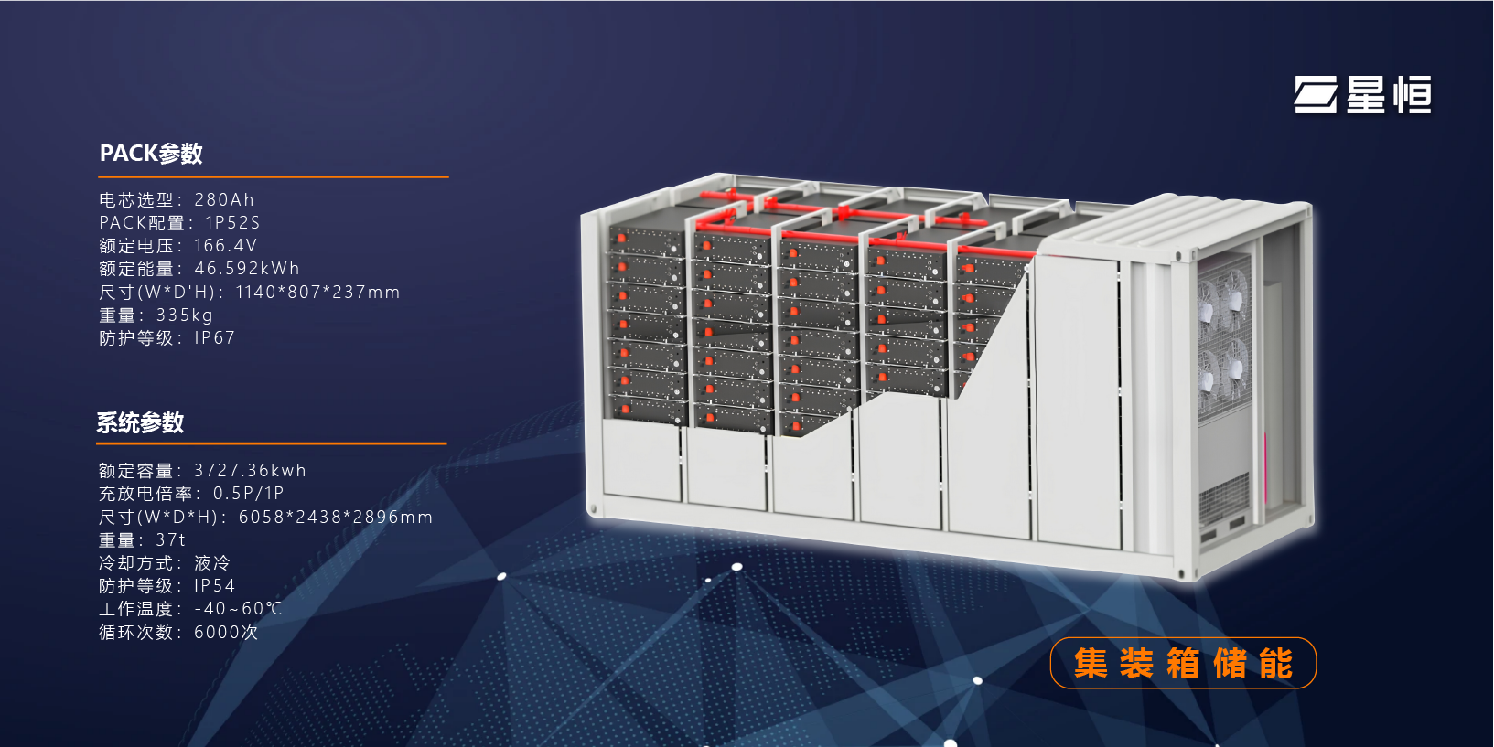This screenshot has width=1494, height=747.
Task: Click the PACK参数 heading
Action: click(x=151, y=154)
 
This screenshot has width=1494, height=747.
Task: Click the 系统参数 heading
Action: click(x=141, y=422)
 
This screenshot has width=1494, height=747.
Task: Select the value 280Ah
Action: click(x=224, y=199)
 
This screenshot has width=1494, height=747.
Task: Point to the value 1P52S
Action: click(x=232, y=222)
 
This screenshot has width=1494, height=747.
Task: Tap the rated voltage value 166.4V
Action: click(x=225, y=246)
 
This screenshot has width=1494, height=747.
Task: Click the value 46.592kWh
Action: click(x=247, y=269)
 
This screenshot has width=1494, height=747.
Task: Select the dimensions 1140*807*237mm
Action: click(x=317, y=293)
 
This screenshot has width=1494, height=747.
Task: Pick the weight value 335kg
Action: click(x=184, y=315)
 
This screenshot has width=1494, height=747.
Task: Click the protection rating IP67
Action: click(x=214, y=338)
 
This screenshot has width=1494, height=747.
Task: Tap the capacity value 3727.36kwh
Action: click(x=250, y=471)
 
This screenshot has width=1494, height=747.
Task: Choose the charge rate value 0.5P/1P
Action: click(x=248, y=494)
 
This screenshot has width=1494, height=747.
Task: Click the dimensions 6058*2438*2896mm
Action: click(x=335, y=518)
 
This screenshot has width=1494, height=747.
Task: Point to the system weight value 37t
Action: click(x=170, y=540)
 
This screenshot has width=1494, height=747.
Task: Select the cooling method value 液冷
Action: click(x=211, y=563)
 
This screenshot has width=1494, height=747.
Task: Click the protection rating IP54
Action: click(x=214, y=586)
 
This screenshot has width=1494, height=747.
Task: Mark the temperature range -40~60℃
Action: click(x=238, y=609)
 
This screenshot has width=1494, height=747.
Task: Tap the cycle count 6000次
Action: click(x=225, y=633)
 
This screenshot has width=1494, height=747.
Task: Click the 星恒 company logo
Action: click(x=1362, y=95)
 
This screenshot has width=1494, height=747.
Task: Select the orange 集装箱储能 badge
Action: click(x=1183, y=663)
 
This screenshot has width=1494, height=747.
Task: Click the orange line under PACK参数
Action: click(x=274, y=176)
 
